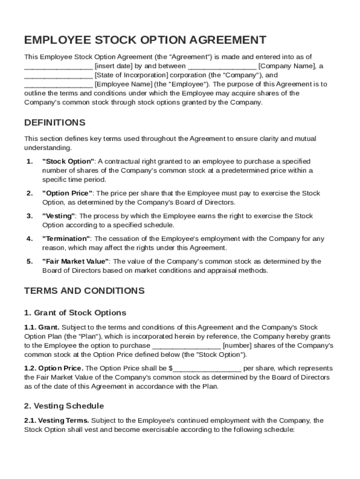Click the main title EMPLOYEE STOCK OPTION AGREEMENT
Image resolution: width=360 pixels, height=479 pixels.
click(x=145, y=40)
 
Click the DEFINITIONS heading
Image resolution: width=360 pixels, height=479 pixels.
click(x=55, y=123)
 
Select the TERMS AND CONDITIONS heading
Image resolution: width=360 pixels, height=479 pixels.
click(x=84, y=290)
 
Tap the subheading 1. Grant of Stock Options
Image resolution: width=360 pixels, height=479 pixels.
click(x=75, y=312)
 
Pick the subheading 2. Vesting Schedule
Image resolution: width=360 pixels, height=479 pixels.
click(x=64, y=406)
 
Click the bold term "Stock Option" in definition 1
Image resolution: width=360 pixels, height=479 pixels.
click(x=68, y=161)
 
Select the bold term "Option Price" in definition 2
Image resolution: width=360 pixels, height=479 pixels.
click(x=68, y=193)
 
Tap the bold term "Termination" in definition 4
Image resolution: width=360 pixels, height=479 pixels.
click(x=67, y=239)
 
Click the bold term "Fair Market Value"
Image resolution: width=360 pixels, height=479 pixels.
click(x=76, y=261)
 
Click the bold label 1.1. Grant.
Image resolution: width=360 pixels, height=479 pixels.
click(x=42, y=327)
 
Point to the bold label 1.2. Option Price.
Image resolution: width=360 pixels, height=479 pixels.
click(x=54, y=368)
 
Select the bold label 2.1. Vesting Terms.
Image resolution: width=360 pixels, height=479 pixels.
click(x=57, y=421)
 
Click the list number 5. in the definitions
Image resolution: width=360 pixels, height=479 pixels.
click(x=29, y=261)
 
